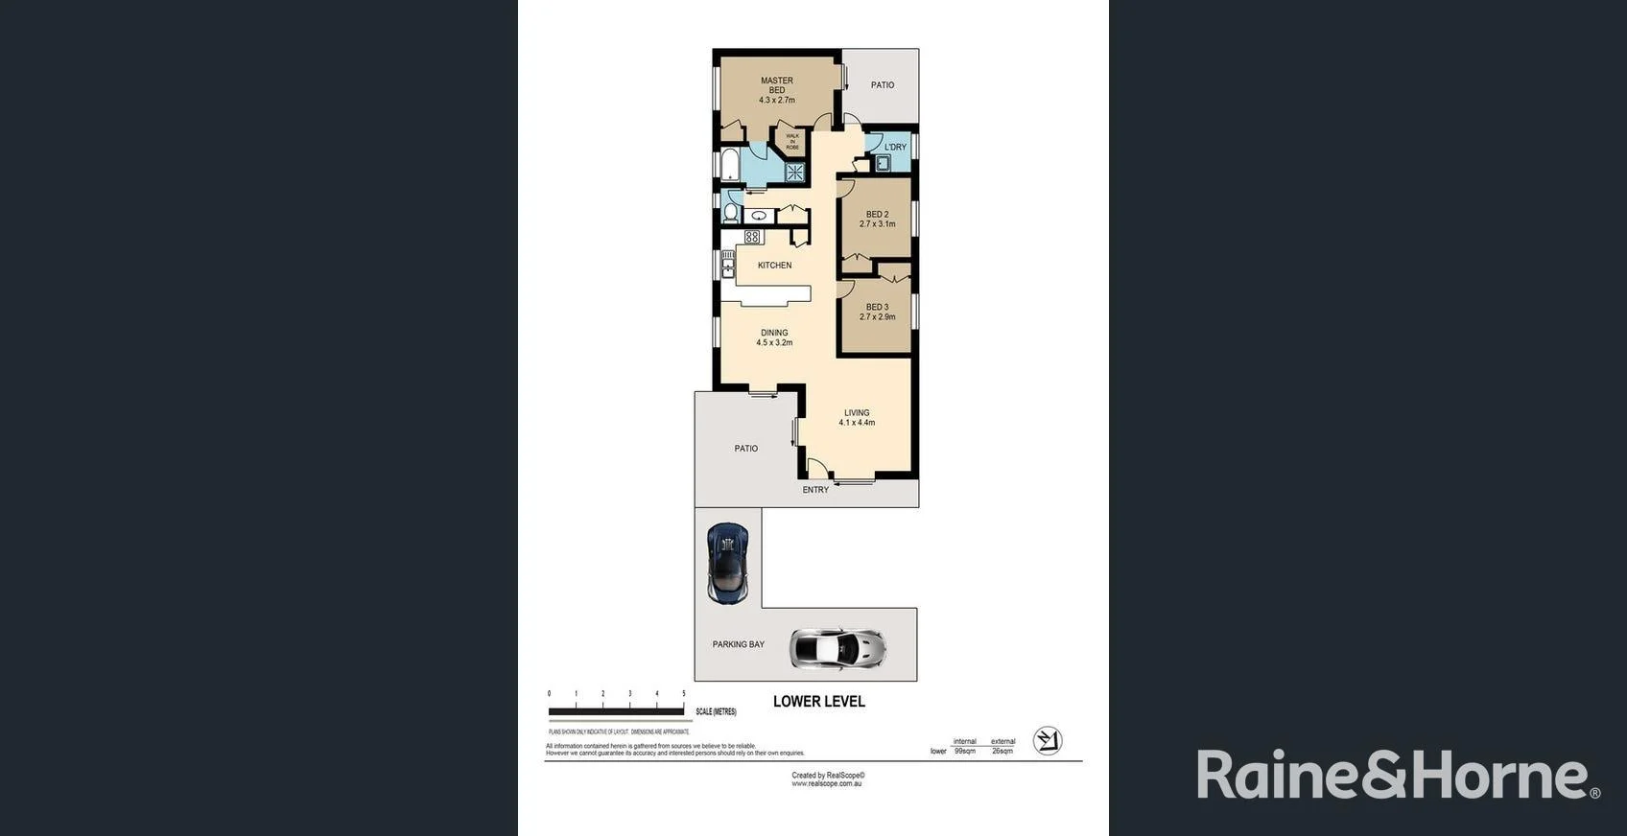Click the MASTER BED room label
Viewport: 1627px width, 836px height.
click(x=777, y=85)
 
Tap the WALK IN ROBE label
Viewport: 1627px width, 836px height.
click(x=792, y=142)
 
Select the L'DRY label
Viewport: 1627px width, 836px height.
click(x=895, y=147)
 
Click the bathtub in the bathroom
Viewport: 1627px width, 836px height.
click(x=730, y=165)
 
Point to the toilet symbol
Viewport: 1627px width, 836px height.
click(x=731, y=212)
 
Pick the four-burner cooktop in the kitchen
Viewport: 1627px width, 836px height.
click(x=752, y=237)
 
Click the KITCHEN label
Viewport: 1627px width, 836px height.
click(x=775, y=266)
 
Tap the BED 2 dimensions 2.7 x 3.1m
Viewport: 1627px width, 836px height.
click(x=878, y=224)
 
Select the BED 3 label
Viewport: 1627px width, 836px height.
click(x=878, y=307)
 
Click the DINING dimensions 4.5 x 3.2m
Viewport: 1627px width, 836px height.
click(x=774, y=342)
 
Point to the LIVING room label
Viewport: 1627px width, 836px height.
click(x=857, y=413)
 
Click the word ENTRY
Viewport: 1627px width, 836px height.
click(x=815, y=490)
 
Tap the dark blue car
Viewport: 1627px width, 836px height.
click(x=728, y=563)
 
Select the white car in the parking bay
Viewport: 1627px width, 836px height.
click(x=837, y=648)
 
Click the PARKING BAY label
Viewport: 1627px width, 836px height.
click(x=739, y=644)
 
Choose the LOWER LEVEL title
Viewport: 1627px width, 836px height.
click(x=819, y=702)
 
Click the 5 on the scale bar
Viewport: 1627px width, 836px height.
click(x=684, y=693)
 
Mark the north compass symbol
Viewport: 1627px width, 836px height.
click(x=1048, y=741)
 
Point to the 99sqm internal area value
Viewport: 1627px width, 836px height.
click(x=965, y=751)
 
